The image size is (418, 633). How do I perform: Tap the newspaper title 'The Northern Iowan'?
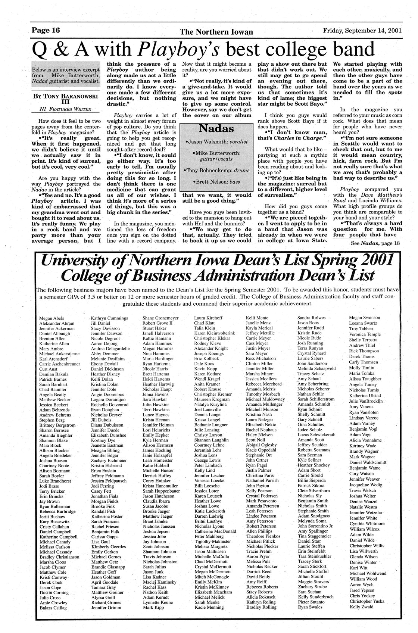[216, 32]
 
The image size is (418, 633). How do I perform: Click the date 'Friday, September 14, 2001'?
[362, 31]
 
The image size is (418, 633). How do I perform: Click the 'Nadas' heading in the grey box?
[216, 129]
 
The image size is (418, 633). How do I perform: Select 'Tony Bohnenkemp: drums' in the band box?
[217, 171]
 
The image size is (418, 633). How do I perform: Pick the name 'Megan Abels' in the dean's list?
[52, 318]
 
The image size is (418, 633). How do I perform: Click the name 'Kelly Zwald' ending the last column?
[361, 607]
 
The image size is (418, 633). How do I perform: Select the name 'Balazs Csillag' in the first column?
[53, 608]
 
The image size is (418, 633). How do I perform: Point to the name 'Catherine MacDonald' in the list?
[215, 531]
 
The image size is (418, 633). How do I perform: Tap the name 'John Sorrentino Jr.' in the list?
[315, 526]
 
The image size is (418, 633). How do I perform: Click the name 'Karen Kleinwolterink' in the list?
[215, 333]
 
